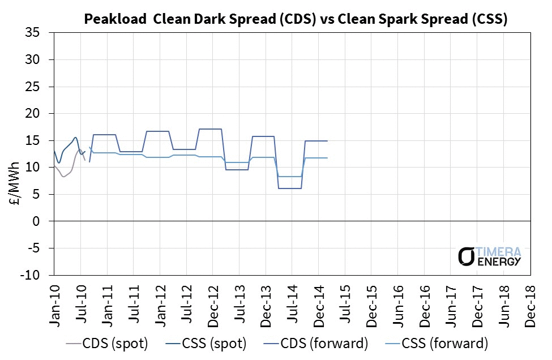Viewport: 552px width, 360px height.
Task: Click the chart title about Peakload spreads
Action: (x=295, y=19)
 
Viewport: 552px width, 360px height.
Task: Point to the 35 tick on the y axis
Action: (x=40, y=33)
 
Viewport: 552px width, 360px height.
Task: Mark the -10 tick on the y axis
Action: (x=37, y=275)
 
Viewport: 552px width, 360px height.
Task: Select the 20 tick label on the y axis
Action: (x=40, y=114)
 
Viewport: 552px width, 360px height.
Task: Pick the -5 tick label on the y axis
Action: (x=40, y=248)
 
